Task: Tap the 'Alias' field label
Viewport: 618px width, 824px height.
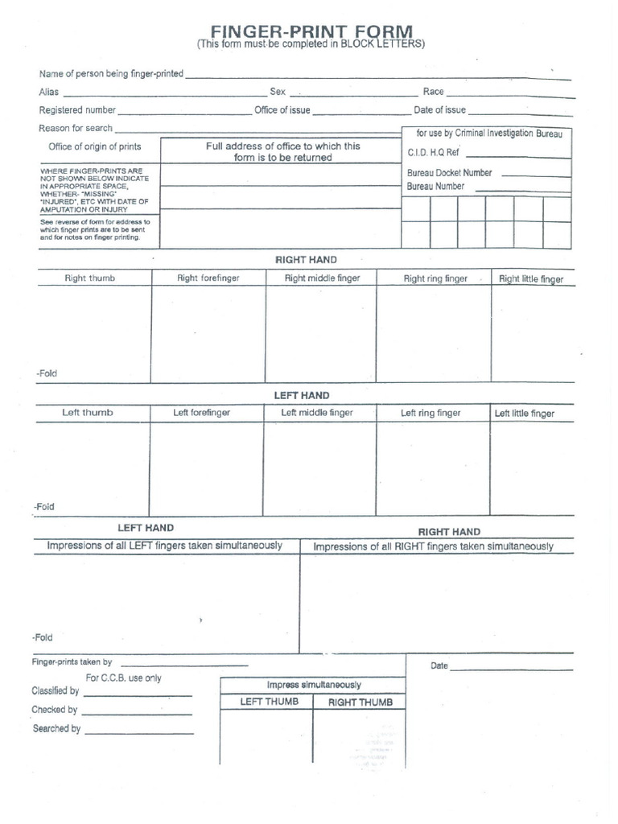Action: point(49,92)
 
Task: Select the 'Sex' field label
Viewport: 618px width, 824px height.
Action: point(278,92)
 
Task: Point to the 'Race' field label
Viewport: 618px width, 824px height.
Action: point(433,92)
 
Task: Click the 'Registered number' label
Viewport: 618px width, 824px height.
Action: point(77,110)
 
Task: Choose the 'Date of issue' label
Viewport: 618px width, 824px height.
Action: point(439,110)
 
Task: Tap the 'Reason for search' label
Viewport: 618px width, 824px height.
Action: point(76,128)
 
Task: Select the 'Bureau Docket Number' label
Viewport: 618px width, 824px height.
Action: point(449,173)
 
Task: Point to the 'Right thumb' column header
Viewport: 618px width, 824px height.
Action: point(90,278)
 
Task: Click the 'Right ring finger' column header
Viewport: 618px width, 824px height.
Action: point(435,279)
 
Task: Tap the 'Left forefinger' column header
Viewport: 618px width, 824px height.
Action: point(202,413)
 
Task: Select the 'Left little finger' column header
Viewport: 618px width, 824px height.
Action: point(525,414)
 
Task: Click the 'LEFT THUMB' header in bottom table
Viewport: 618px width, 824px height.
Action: point(270,702)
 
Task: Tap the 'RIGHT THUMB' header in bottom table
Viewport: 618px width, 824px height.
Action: point(360,702)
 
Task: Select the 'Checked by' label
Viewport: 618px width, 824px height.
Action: point(55,710)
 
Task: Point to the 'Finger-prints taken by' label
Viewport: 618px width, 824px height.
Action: point(72,662)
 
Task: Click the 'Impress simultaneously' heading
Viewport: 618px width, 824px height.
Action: point(314,685)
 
